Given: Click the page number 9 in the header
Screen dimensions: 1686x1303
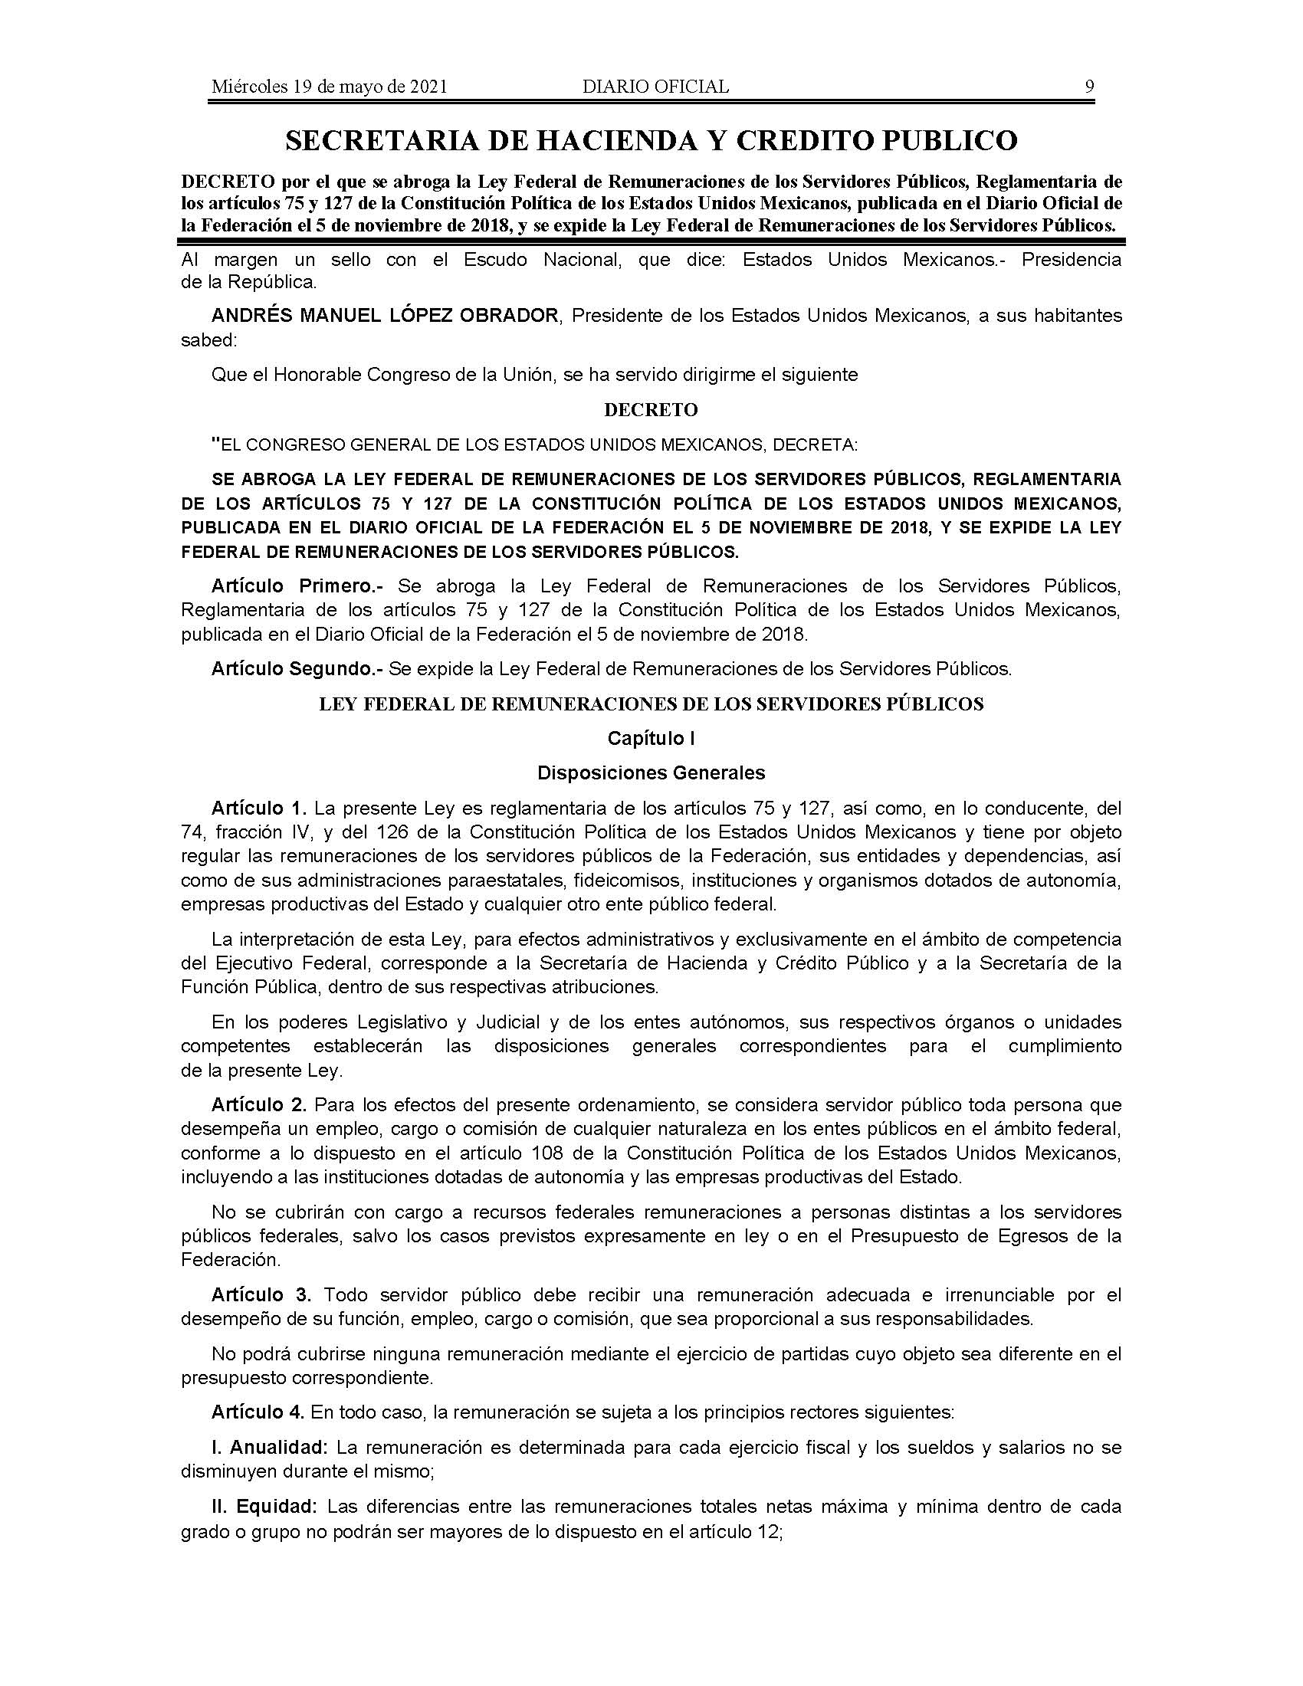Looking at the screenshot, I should tap(1089, 87).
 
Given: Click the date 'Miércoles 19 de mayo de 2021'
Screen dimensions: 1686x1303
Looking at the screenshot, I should tap(330, 87).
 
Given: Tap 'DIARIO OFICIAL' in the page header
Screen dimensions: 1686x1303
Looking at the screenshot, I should tap(655, 87).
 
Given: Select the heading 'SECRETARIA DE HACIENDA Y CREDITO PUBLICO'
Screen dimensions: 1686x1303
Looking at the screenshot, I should tap(651, 140).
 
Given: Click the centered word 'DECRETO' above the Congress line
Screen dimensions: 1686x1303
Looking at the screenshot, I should tap(651, 410).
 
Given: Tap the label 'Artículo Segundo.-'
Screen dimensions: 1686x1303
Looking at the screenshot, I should tap(297, 668).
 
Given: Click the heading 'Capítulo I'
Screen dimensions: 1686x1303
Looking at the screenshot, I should tap(651, 738).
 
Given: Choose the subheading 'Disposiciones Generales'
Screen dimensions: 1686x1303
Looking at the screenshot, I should tap(651, 772).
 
